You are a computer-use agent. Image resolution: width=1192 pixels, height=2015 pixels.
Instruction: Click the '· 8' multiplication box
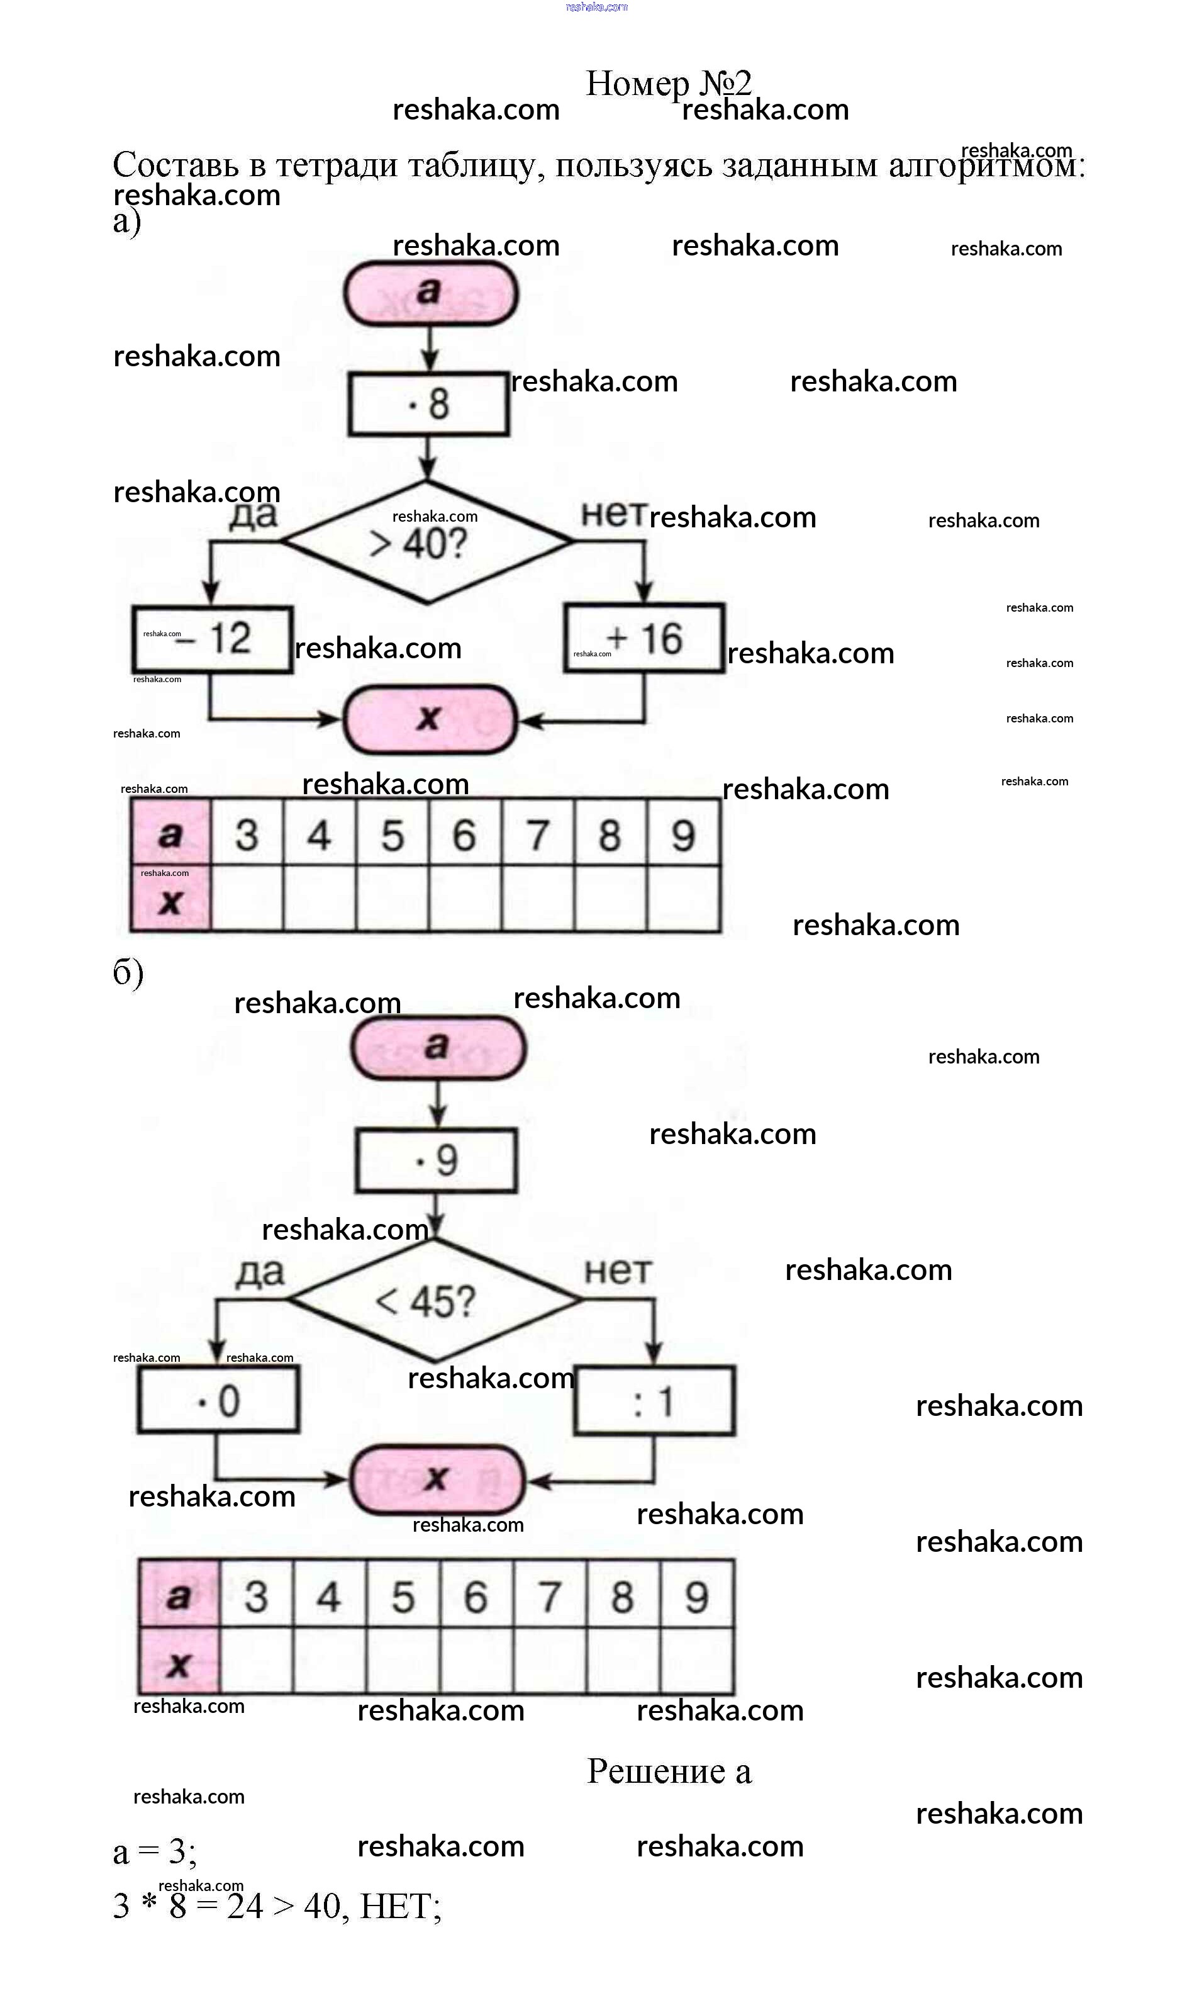tap(428, 403)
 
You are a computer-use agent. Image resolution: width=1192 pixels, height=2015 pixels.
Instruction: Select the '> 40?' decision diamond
tap(426, 543)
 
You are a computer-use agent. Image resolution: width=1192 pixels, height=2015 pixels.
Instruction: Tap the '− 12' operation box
tap(212, 639)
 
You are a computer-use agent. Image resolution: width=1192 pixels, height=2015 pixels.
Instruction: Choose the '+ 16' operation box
tap(644, 639)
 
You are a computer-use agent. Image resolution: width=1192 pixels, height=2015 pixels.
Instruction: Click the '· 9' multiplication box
tap(435, 1160)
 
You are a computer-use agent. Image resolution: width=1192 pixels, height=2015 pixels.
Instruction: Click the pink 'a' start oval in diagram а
tap(430, 293)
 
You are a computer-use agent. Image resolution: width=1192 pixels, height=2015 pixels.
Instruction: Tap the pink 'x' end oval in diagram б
tap(437, 1479)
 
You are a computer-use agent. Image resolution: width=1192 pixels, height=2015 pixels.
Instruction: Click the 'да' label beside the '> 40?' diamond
tap(254, 515)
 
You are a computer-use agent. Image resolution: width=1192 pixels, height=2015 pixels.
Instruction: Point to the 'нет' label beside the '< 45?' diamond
tap(618, 1271)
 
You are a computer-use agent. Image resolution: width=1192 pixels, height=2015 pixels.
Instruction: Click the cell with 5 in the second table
tap(403, 1596)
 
